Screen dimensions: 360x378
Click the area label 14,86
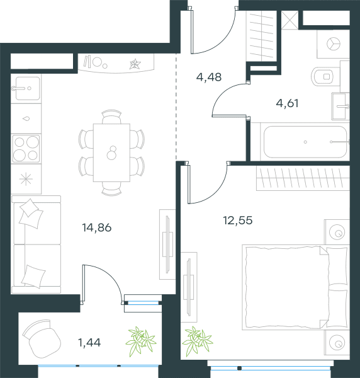coord(97,227)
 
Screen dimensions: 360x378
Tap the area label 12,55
coord(238,220)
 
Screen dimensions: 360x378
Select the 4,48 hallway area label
coord(209,77)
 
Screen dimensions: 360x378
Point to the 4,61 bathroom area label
coord(287,103)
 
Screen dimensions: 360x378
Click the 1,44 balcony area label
coord(89,342)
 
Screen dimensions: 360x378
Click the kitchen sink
coord(26,88)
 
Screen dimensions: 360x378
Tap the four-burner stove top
coord(26,149)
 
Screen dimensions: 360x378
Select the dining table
coord(112,152)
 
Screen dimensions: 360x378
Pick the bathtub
coord(305,142)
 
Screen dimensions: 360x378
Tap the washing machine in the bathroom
coord(334,44)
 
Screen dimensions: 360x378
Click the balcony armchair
coord(42,338)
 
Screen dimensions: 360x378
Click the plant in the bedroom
coord(198,341)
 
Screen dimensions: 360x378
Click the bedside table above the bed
coord(337,232)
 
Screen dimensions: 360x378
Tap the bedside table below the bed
coord(337,342)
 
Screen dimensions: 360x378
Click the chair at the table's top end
coord(111,117)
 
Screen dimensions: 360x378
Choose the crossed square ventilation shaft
coord(290,20)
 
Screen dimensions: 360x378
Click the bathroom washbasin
coord(340,106)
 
